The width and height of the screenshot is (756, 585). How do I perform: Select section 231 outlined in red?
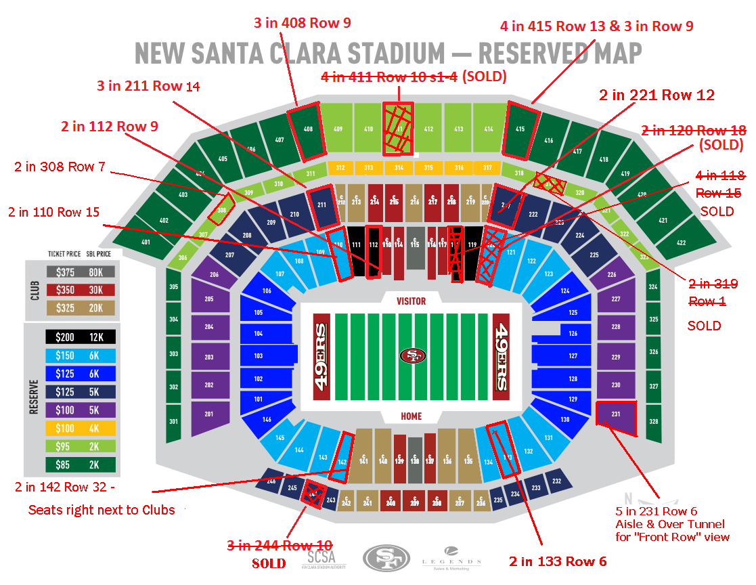[617, 415]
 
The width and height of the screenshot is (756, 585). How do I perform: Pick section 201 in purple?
[208, 414]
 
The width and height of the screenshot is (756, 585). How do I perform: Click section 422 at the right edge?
[681, 242]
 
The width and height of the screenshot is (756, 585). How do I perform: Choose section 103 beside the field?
[258, 356]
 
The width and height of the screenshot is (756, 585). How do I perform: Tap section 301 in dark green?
[173, 421]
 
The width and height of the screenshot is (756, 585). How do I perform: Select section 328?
[653, 421]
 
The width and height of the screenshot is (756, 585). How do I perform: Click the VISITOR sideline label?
[411, 301]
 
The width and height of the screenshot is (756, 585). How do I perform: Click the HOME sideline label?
[411, 416]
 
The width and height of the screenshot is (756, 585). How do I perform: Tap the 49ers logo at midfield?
[412, 355]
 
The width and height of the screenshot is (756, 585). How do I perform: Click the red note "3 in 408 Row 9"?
[302, 23]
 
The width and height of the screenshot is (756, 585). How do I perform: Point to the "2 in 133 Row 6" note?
[557, 561]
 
